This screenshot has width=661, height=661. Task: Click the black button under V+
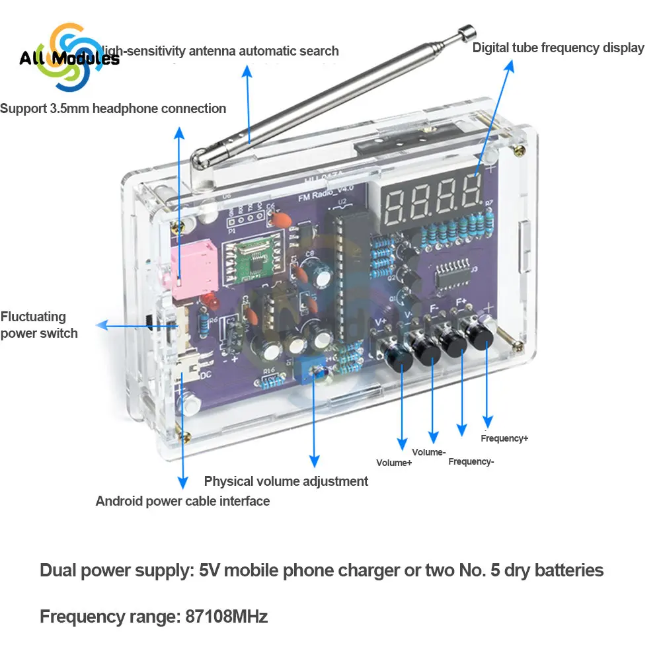(401, 360)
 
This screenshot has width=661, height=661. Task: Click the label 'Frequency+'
(504, 438)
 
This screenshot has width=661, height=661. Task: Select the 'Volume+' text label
(394, 463)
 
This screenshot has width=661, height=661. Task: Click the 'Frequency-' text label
(471, 461)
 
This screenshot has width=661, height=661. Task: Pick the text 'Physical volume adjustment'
(286, 481)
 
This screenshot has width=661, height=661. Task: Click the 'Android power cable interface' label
(182, 501)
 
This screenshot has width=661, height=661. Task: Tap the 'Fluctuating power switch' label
(38, 325)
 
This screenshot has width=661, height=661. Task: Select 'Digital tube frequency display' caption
(558, 48)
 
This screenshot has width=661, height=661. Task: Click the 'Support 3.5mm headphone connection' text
(113, 108)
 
